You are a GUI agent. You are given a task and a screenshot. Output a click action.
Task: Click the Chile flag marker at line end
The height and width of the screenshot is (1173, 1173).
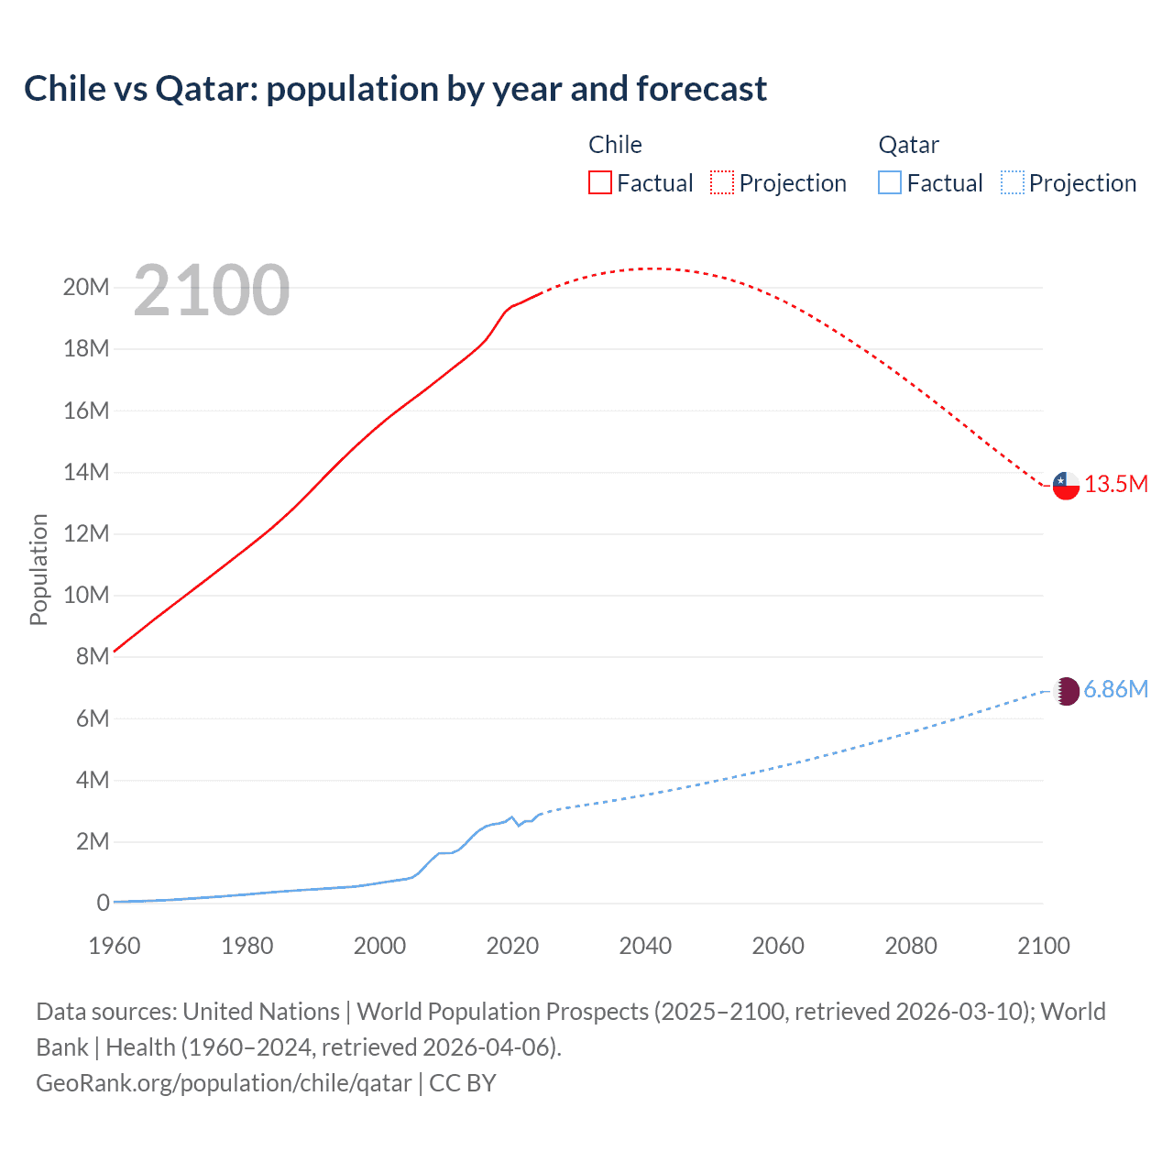pos(1066,486)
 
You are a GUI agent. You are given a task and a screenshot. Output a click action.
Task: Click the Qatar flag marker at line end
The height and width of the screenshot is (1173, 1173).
pos(1066,691)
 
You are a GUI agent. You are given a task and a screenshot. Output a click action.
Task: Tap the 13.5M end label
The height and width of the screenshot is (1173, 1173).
pos(1116,485)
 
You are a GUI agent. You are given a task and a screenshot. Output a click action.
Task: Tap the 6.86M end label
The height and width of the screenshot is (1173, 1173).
pos(1116,690)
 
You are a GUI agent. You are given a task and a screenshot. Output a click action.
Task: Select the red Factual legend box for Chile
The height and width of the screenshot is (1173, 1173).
pos(600,182)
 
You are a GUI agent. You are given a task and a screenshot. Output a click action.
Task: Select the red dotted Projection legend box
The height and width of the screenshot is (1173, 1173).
pos(722,182)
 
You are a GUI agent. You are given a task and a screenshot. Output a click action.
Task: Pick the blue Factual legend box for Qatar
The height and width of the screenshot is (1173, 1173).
pos(890,182)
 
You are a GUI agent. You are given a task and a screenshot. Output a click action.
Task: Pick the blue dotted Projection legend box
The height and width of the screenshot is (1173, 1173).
pos(1013,182)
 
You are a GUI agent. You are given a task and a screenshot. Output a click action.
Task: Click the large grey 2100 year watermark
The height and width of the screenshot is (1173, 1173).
pos(212,291)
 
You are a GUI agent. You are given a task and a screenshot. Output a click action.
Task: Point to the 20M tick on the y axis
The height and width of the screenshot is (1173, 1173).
pos(86,288)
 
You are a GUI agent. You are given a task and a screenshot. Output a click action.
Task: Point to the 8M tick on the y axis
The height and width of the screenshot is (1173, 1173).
pos(93,657)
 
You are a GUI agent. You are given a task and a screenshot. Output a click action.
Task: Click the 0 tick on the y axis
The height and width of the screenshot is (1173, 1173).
pos(103,904)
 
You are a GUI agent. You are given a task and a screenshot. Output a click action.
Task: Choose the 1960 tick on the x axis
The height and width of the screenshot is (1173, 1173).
pos(115,946)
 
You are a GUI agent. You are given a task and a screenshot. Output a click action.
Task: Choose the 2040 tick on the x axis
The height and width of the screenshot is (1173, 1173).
pos(645,946)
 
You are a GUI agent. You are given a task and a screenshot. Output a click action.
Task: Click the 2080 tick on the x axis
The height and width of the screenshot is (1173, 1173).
pos(911,946)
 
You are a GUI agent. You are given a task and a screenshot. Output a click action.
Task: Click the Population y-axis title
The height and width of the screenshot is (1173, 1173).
pos(38,569)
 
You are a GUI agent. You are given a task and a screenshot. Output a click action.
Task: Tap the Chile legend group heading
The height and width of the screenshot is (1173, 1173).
pos(615,145)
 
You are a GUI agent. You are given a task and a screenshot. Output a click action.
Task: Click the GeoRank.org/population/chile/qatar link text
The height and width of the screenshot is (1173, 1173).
pos(224,1083)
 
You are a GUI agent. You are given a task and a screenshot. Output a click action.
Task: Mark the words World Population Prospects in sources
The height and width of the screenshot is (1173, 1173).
pos(502,1012)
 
